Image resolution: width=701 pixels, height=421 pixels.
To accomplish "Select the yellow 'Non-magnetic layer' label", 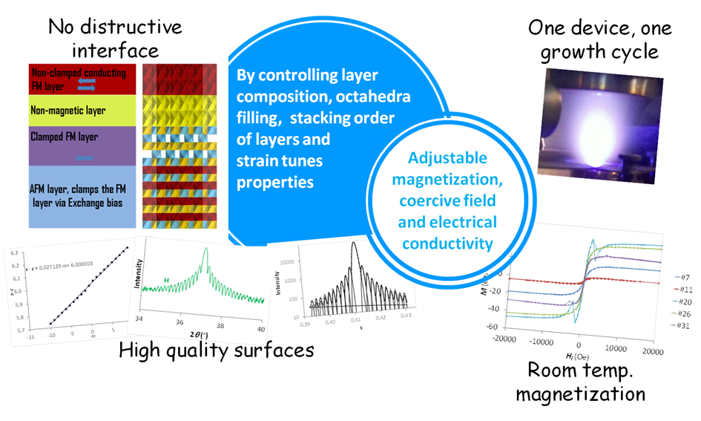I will (68, 111).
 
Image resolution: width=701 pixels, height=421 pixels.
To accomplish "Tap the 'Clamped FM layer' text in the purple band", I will (64, 137).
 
